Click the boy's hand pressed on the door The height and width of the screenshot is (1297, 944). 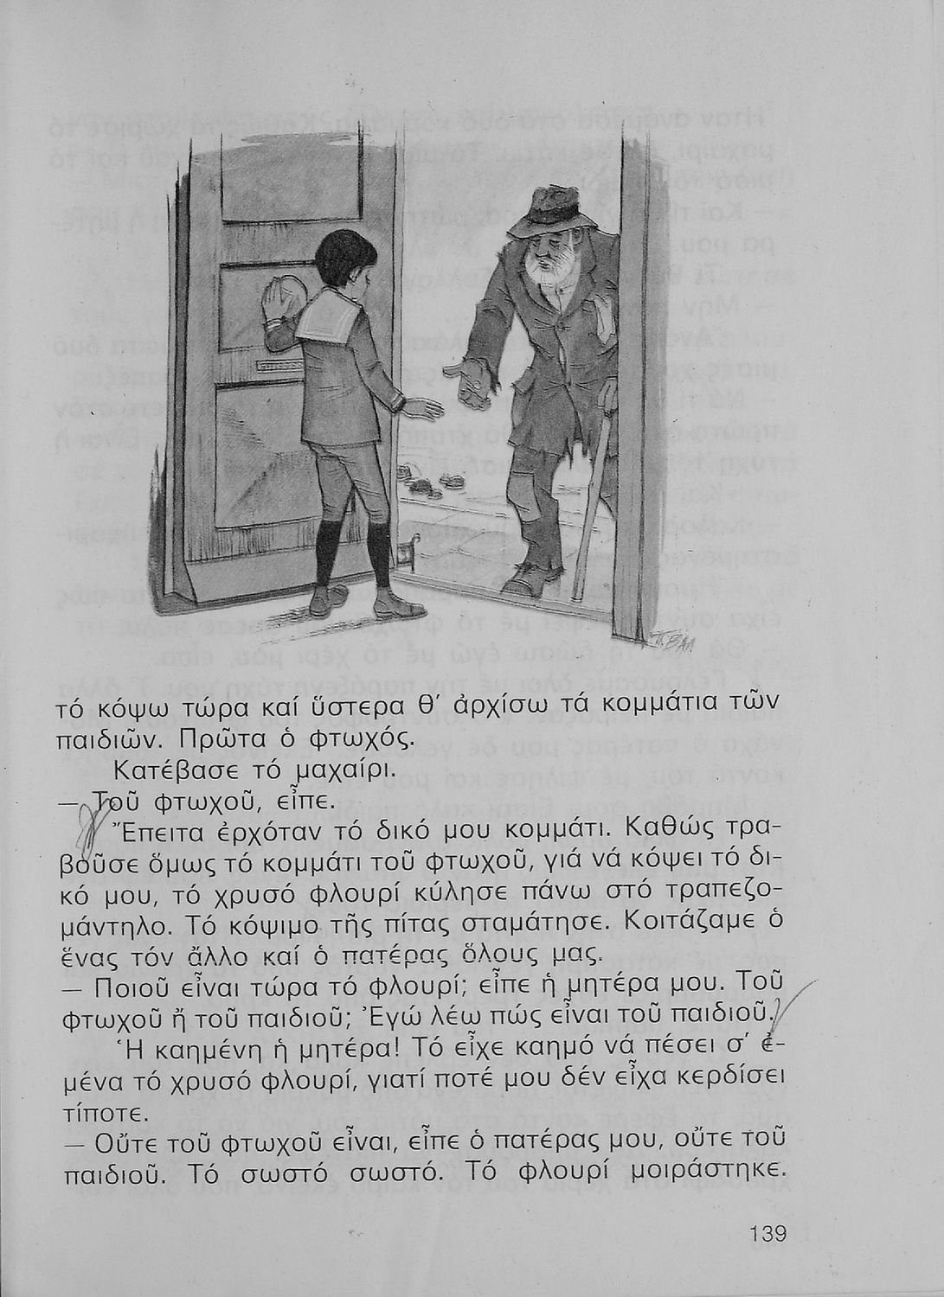pos(283,303)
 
